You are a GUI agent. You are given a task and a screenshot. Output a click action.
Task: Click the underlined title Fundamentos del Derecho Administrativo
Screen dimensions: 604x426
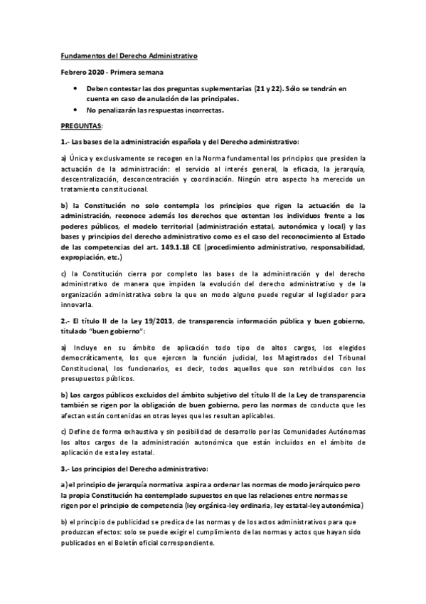click(128, 55)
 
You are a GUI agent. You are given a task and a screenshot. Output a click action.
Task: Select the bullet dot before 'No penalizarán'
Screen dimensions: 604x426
click(78, 110)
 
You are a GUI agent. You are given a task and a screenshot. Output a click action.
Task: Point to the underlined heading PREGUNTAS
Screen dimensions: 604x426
click(80, 125)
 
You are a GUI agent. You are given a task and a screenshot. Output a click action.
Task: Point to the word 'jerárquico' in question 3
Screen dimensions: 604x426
click(322, 486)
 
